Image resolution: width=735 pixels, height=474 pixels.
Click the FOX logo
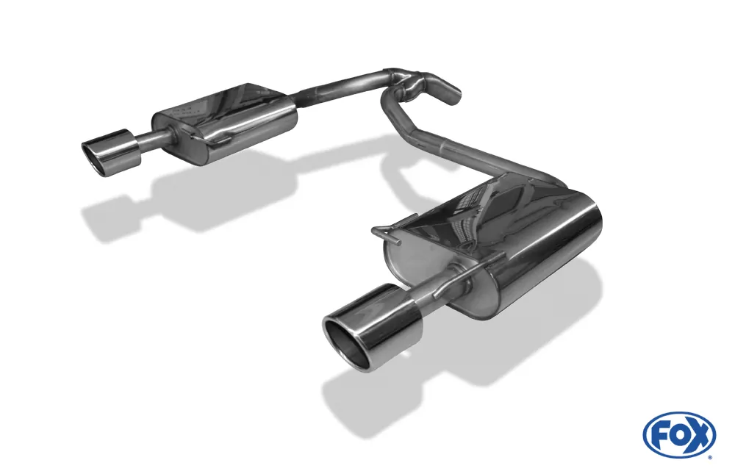[679, 434]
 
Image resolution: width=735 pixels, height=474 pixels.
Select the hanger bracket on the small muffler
[198, 136]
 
